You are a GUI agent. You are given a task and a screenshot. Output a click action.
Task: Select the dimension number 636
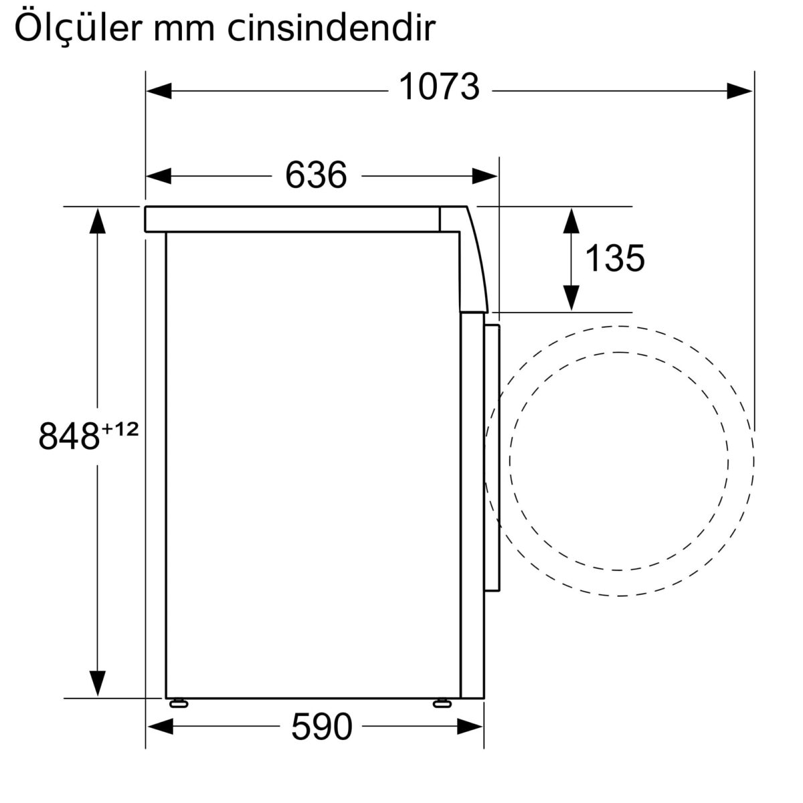point(316,176)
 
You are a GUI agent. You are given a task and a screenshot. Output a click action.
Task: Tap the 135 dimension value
point(614,258)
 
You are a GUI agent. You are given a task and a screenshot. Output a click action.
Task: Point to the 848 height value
point(68,436)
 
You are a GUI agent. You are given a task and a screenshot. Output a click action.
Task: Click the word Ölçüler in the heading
point(76,29)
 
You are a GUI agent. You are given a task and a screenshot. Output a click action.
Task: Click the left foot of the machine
point(179,703)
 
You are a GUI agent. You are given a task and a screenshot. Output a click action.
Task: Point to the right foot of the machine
point(442,703)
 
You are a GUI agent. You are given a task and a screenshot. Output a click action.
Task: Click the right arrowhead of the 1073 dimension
point(741,90)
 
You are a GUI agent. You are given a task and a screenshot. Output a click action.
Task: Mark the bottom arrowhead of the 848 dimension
point(98,684)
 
